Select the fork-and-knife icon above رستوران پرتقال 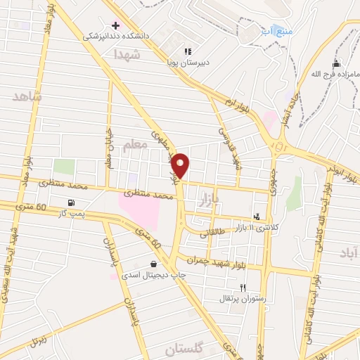[x=243, y=288]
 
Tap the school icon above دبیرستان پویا [x=187, y=51]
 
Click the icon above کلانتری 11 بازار [x=257, y=217]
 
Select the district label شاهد [x=27, y=95]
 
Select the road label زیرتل [x=39, y=337]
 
